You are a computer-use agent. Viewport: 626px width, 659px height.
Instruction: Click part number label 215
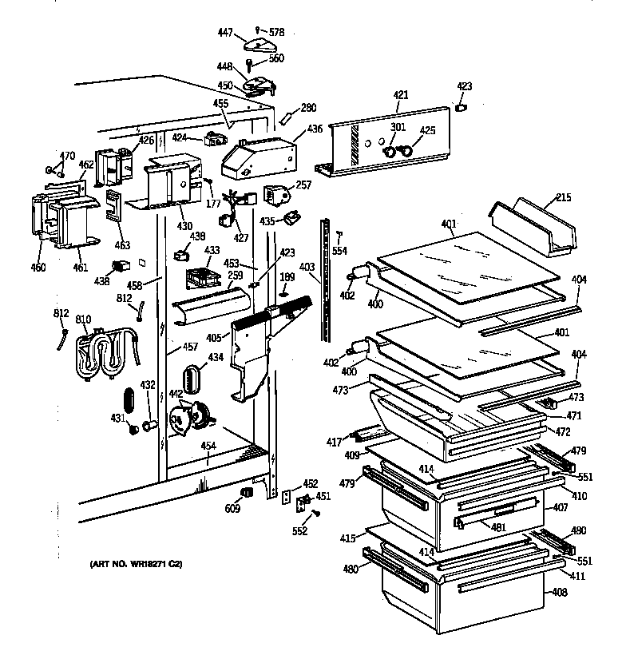click(564, 197)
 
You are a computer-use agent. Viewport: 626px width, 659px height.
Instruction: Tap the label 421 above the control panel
click(400, 95)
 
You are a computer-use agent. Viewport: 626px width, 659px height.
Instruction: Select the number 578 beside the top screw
click(276, 32)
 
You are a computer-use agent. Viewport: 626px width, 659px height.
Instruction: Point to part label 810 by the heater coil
click(83, 319)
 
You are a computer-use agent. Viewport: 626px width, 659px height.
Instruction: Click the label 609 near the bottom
click(232, 509)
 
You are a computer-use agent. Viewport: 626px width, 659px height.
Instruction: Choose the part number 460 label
click(38, 268)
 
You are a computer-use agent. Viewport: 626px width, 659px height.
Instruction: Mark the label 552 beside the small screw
click(299, 531)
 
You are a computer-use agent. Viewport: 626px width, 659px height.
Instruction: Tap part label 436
click(315, 129)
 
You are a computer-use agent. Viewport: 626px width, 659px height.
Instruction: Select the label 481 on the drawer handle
click(498, 527)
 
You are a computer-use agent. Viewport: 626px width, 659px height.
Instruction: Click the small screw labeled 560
click(249, 66)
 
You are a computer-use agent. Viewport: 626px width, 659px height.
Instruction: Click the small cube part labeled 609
click(247, 492)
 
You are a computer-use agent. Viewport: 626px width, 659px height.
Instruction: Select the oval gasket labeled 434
click(192, 379)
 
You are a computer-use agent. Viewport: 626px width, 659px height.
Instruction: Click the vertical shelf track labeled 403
click(325, 280)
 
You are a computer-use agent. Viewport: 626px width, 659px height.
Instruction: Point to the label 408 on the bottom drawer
click(560, 592)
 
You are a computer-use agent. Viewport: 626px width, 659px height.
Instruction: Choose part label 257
click(303, 185)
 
